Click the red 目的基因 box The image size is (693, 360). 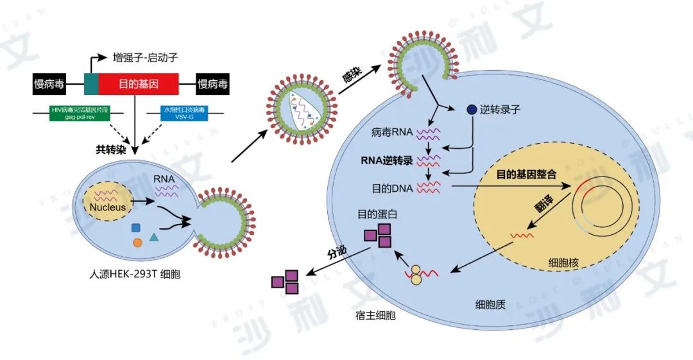pos(138,83)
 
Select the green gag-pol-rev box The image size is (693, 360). pos(80,114)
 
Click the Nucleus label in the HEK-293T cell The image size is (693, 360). pos(107,207)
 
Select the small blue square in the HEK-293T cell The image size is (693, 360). pos(136,228)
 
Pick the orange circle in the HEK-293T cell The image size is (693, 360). pos(137,243)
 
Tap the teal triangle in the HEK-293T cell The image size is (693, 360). pos(154,237)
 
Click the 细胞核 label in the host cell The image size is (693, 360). pos(565,262)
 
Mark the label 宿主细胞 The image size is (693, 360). pos(375,316)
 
